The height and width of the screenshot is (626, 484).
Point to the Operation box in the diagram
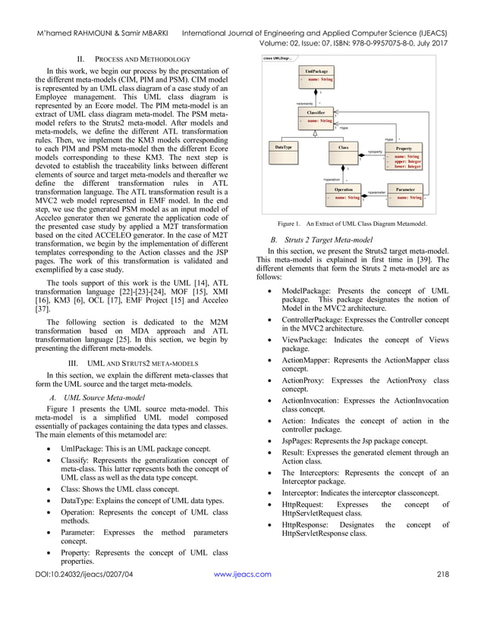344,193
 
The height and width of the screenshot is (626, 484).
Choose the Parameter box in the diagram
405,193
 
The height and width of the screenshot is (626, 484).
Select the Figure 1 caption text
352,224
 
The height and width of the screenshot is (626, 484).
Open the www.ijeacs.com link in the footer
242,596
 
